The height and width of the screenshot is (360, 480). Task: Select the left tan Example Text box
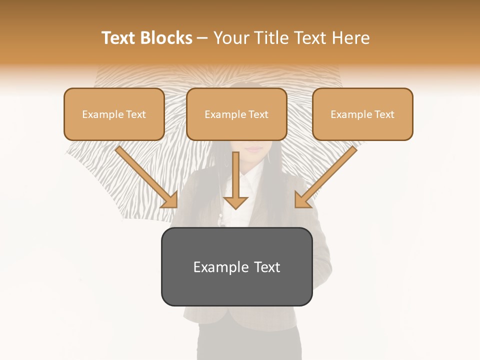point(114,114)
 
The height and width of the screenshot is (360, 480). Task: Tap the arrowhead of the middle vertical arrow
point(235,202)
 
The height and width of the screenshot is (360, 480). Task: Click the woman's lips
point(254,149)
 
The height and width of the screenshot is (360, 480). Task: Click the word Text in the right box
point(384,114)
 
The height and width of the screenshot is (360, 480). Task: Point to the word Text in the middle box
point(258,114)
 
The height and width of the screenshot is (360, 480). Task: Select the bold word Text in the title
point(118,38)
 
